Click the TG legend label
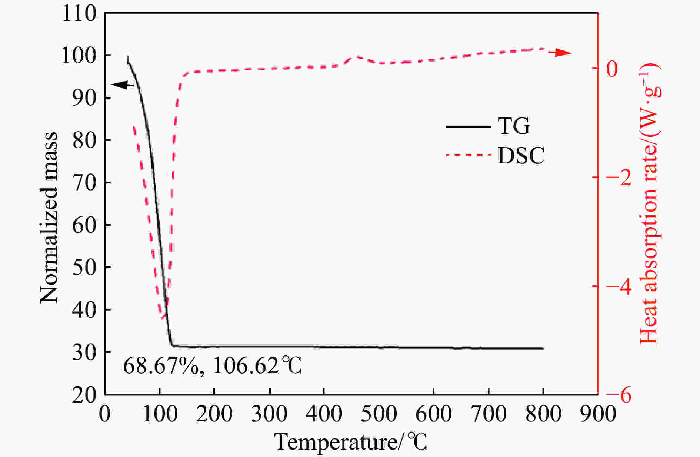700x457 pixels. coord(514,126)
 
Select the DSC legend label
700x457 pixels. coord(521,155)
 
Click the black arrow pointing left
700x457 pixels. coord(123,85)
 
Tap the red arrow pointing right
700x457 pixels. coord(560,53)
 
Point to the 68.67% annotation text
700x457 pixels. coord(161,366)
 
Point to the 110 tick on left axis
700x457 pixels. coord(79,14)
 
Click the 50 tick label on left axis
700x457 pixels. coord(84,267)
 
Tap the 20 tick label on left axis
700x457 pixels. coord(84,395)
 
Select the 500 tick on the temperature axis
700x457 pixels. coord(379,413)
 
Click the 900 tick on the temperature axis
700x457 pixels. coord(598,413)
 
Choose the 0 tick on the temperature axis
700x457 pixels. coord(105,413)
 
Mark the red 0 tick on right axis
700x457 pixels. coord(612,69)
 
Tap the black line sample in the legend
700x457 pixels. coord(468,126)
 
